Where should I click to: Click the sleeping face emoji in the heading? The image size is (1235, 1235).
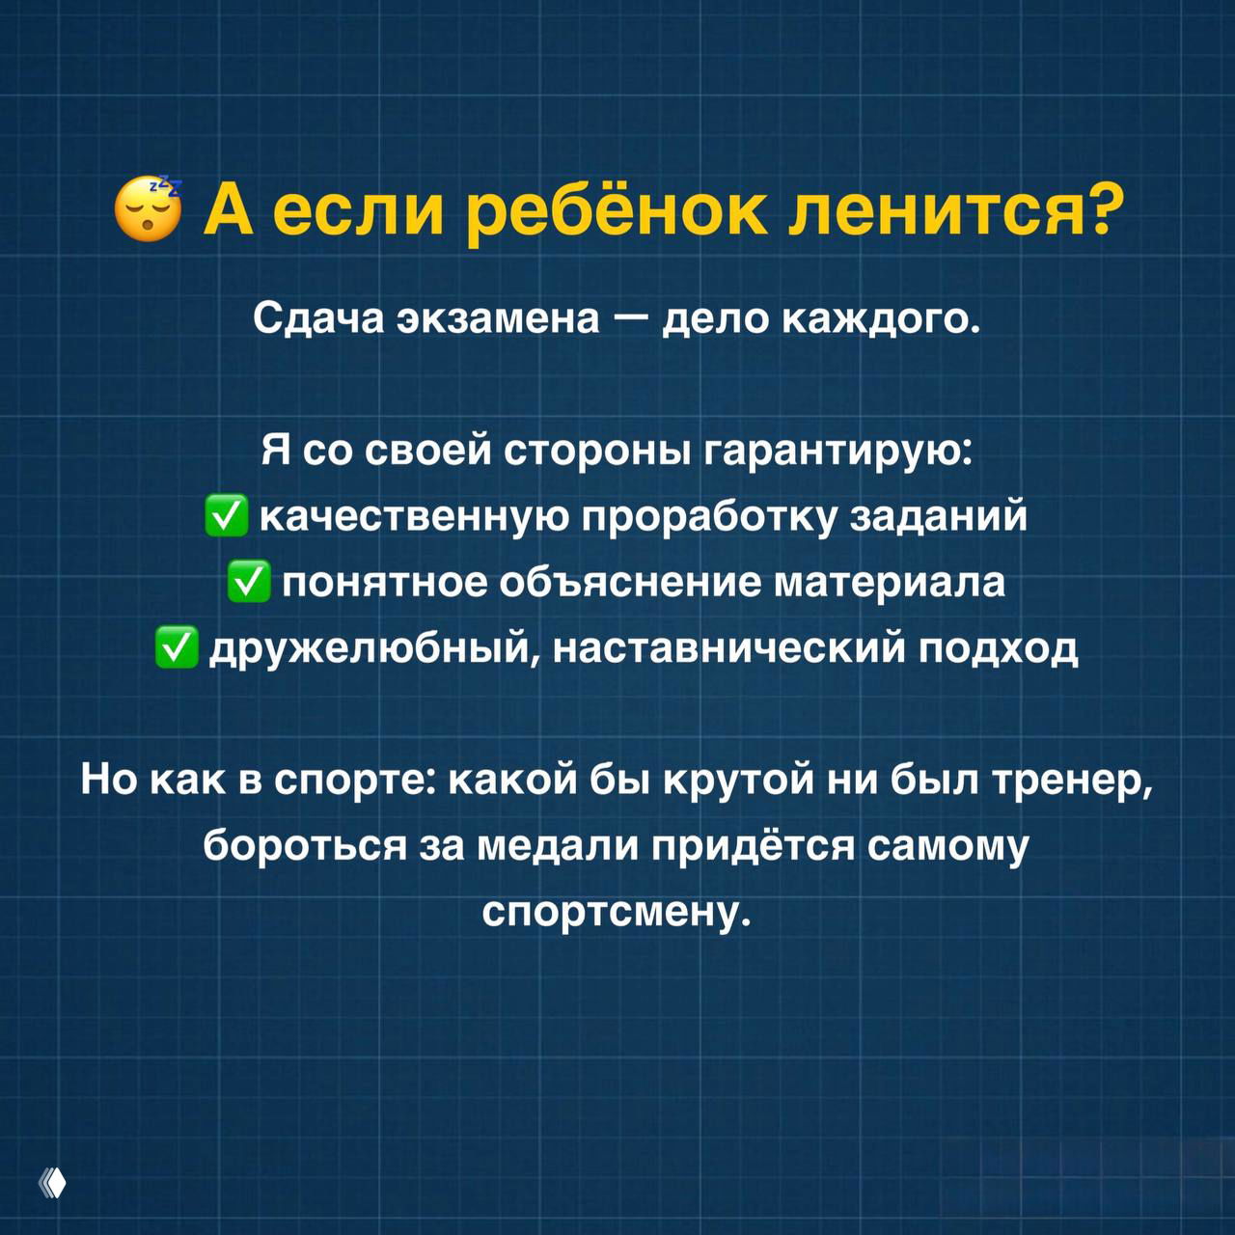point(148,208)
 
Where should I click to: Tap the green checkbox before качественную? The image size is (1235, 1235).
point(227,516)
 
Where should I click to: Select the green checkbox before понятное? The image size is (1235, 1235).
point(249,582)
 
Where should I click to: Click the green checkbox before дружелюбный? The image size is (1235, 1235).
point(177,647)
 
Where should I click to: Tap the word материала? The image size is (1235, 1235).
point(890,582)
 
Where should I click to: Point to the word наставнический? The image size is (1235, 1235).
point(728,647)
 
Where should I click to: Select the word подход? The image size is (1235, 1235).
point(998,647)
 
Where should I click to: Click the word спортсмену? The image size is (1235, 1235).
point(617,911)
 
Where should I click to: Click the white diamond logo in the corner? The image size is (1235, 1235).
point(54,1182)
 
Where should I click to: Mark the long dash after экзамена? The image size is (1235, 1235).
point(630,318)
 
